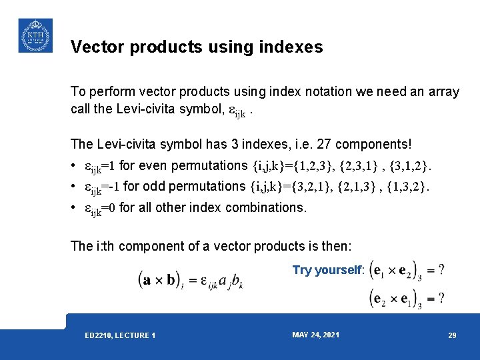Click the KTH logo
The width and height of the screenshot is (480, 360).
tap(35, 35)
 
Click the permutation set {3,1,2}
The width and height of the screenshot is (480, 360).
tap(410, 165)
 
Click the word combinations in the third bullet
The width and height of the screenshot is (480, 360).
tap(265, 207)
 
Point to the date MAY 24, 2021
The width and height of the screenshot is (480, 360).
tap(315, 335)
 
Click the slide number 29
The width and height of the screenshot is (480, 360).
tap(452, 335)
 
